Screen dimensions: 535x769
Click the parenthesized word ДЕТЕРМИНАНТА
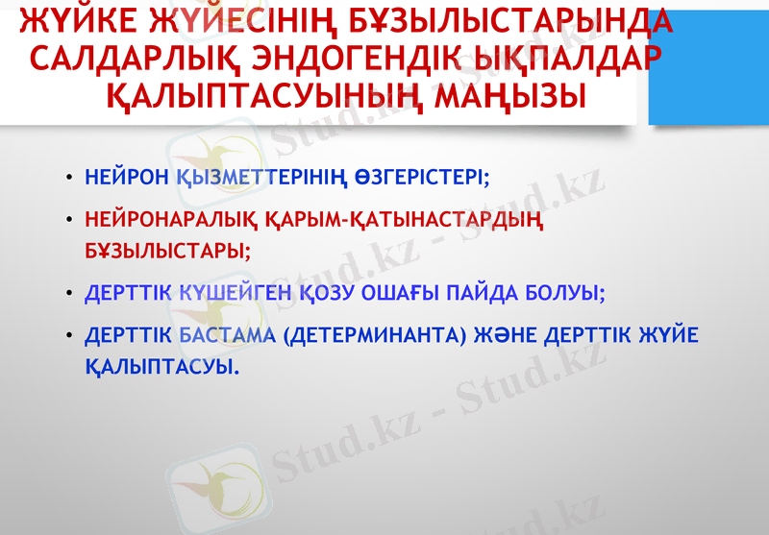tap(390, 336)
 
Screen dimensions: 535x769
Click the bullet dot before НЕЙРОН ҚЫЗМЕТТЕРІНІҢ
tap(70, 180)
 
